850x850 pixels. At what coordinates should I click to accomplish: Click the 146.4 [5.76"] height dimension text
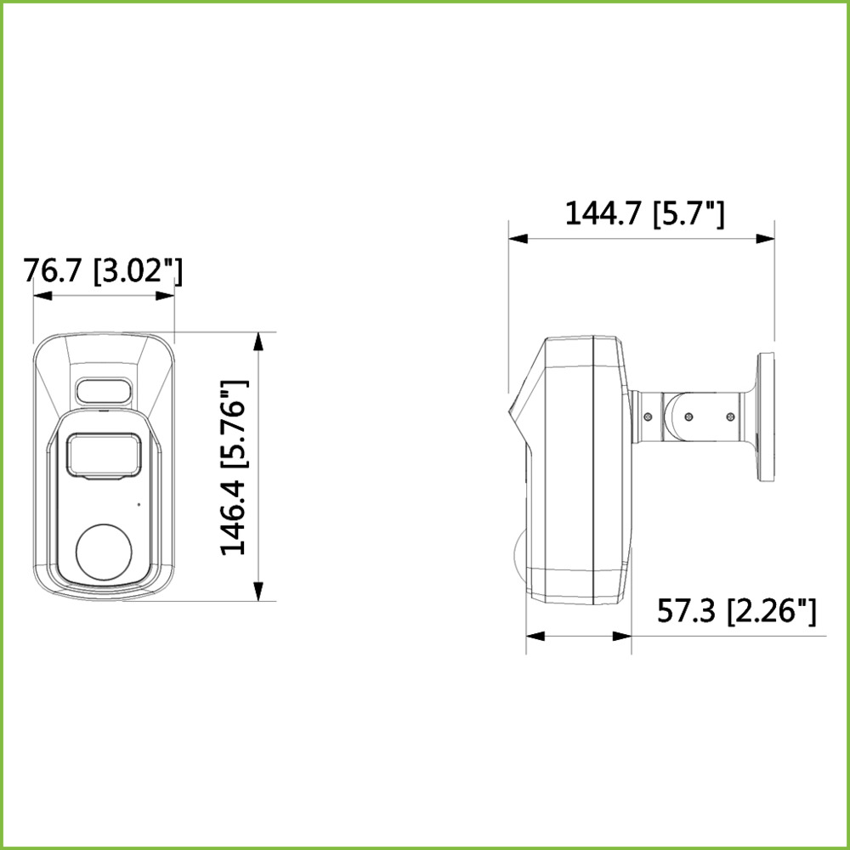click(x=235, y=467)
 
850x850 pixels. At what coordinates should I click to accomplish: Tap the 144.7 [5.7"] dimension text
click(x=644, y=213)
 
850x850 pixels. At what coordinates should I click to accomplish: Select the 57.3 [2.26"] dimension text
click(x=736, y=611)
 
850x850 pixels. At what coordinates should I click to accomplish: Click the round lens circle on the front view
click(x=104, y=552)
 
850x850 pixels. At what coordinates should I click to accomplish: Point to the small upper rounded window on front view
click(x=104, y=390)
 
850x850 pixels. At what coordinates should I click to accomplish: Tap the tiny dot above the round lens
click(x=139, y=505)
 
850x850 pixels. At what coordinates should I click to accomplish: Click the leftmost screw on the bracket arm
click(x=647, y=416)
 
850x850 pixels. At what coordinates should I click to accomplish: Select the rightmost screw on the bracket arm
click(x=730, y=416)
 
